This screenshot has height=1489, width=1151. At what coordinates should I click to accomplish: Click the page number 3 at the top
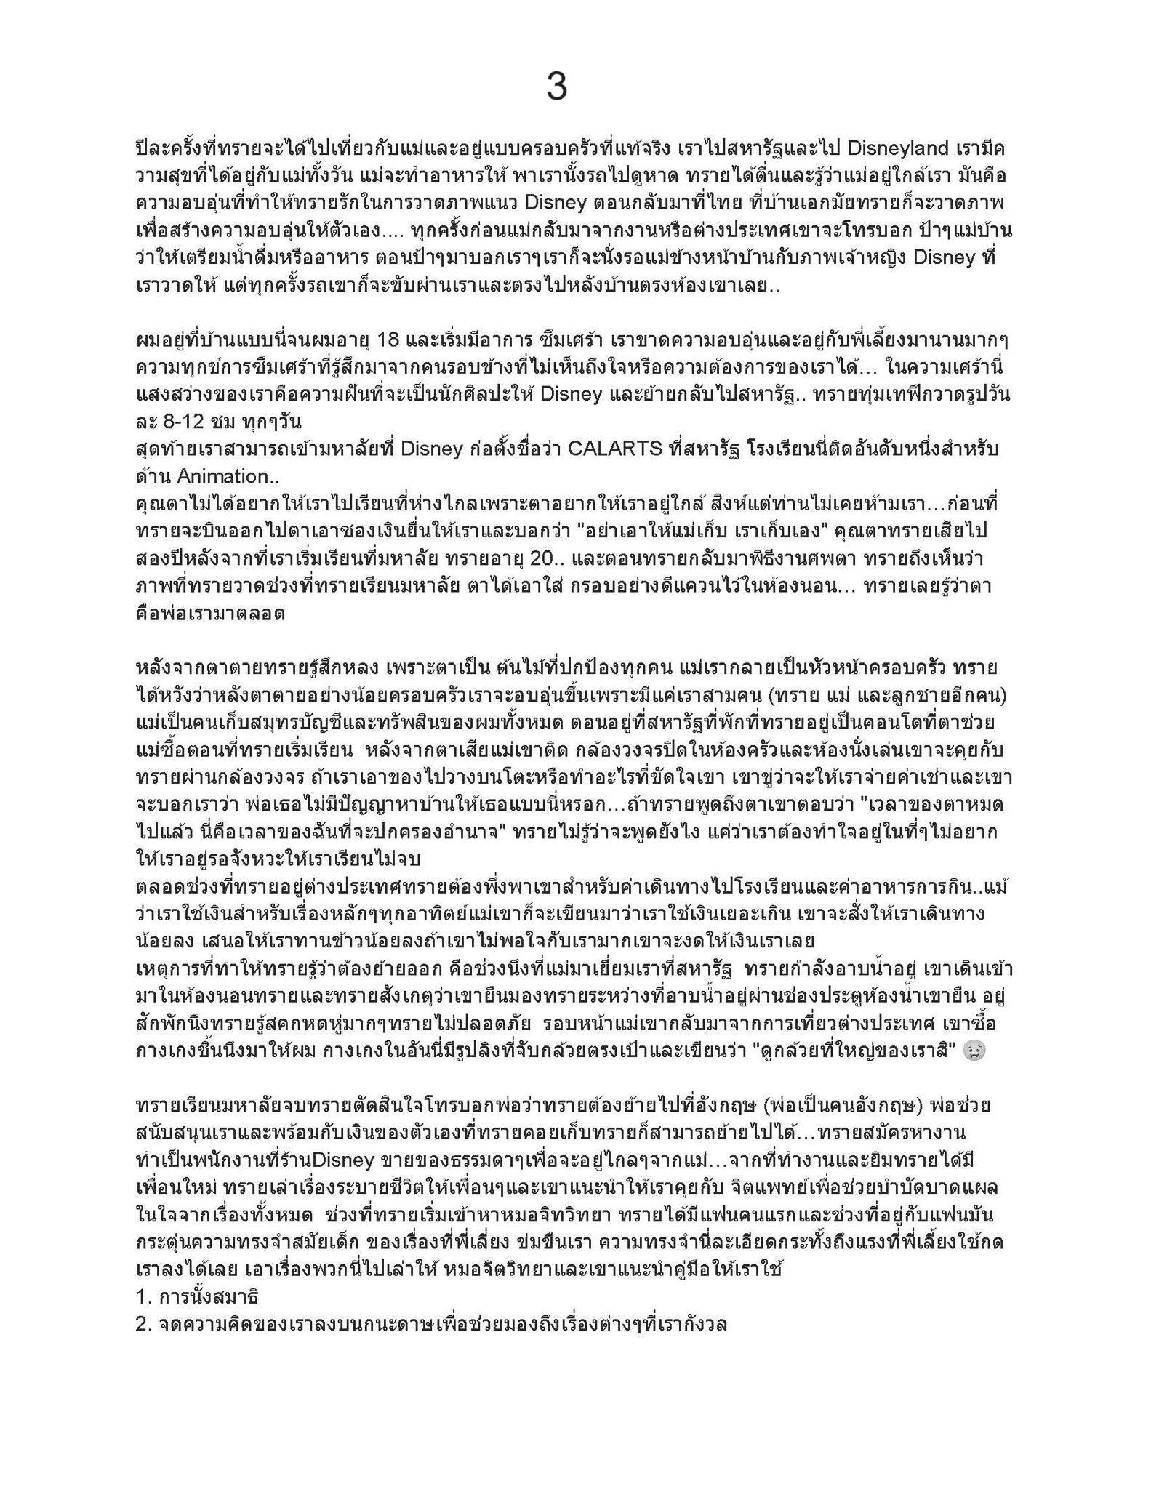(556, 87)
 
